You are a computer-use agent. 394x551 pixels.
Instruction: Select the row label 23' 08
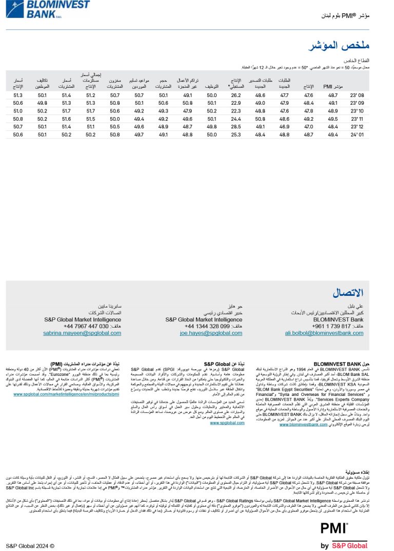point(357,95)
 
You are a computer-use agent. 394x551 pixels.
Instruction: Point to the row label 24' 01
point(357,134)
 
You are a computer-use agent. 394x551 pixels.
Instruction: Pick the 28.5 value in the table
point(236,126)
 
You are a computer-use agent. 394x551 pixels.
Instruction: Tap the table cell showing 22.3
point(236,111)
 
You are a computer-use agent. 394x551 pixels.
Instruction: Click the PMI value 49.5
point(333,119)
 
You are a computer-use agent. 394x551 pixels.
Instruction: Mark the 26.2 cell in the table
point(236,95)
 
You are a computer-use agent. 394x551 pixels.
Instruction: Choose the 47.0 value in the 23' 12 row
point(308,126)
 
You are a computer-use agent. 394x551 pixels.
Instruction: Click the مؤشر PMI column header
point(333,87)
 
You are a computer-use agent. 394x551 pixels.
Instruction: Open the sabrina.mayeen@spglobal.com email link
point(83,333)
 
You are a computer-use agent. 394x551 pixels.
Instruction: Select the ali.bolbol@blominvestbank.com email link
point(324,333)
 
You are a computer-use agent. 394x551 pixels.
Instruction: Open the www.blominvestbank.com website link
point(303,424)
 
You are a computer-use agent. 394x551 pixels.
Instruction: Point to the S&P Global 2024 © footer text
point(30,546)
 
